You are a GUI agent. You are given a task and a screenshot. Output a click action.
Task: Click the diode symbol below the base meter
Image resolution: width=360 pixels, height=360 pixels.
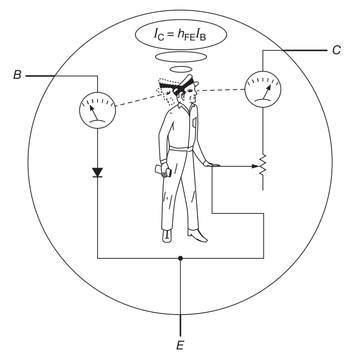pos(97,172)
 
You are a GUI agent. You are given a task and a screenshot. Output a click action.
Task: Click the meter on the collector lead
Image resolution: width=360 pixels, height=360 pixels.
pos(262,90)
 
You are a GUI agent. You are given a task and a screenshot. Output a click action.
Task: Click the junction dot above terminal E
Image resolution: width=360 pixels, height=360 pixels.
pos(180,258)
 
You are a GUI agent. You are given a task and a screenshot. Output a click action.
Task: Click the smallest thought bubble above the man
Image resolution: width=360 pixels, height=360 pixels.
pos(181,69)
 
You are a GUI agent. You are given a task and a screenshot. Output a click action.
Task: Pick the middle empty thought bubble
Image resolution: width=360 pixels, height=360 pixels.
pos(181,57)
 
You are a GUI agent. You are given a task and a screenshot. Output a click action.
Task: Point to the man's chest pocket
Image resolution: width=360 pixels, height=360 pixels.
pos(194,122)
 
